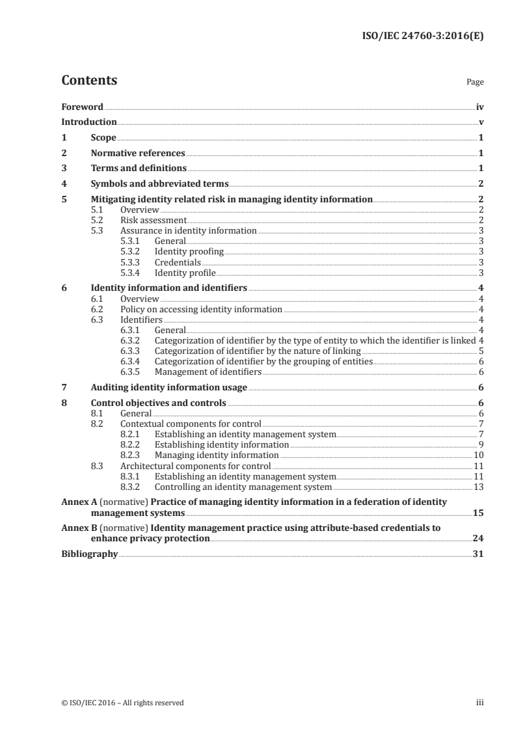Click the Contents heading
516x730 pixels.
tap(89, 81)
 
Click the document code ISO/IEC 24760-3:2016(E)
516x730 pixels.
tap(422, 36)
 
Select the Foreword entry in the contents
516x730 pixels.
tap(82, 107)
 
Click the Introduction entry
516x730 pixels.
tap(88, 122)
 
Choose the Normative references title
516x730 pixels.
tap(138, 154)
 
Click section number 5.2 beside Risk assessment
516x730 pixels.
tap(97, 220)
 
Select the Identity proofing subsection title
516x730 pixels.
tap(189, 251)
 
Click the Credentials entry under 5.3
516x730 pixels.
tap(178, 262)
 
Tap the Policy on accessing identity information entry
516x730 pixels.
tap(201, 309)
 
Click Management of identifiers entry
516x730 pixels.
tap(208, 372)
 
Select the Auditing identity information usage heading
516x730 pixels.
tap(169, 388)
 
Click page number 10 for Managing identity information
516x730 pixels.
tap(478, 455)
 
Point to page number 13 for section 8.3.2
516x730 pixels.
tap(478, 486)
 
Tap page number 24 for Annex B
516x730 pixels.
tap(478, 539)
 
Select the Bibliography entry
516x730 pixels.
tap(89, 554)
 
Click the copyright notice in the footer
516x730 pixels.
tap(122, 703)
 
